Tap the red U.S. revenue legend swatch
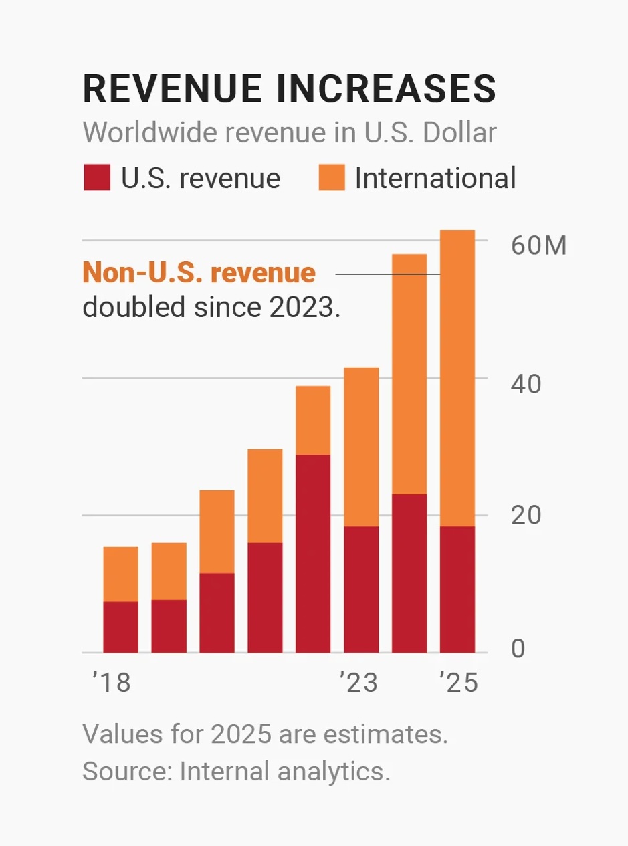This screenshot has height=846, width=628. pos(96,179)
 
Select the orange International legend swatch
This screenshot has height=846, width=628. pos(332,179)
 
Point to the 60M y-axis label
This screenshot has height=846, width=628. pos(538,246)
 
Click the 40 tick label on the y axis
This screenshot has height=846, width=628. pos(526,384)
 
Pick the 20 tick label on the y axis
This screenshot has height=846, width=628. pos(526,516)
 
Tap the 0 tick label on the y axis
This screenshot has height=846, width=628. pos(518,649)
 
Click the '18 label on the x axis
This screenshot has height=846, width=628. pos(111,683)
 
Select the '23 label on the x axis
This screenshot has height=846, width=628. pos(358,683)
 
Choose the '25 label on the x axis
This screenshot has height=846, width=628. pos(458,683)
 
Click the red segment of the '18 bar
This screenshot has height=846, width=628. pos(121,627)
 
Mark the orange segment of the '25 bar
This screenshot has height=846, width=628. pos(457,378)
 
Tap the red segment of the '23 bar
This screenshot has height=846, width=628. pos(361,589)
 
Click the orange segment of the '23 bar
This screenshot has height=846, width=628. pos(361,447)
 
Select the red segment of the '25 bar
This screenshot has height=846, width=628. pos(457,589)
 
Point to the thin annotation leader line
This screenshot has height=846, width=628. pos(388,274)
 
